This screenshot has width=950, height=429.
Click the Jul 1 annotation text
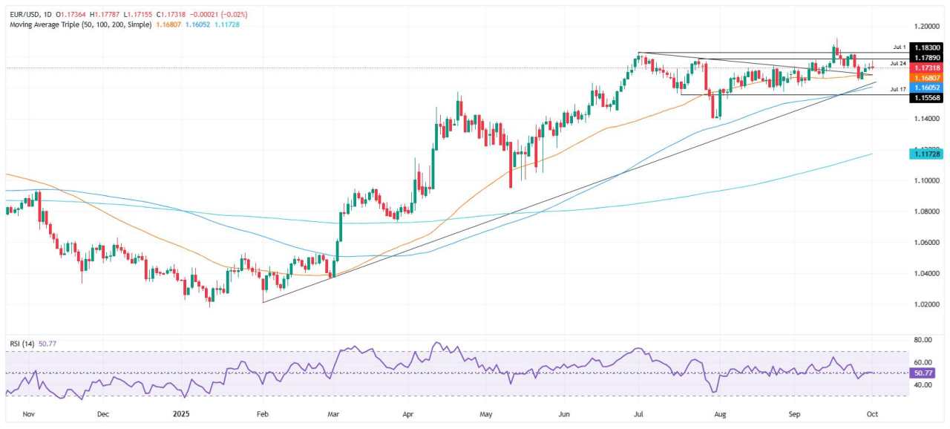[x=899, y=46]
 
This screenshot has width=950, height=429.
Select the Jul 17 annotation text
[x=898, y=89]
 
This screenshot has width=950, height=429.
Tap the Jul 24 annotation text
[x=898, y=64]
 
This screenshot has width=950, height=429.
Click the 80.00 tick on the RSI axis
[x=923, y=340]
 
